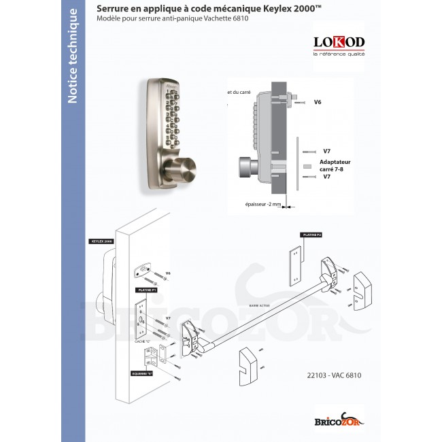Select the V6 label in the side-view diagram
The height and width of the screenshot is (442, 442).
tap(318, 102)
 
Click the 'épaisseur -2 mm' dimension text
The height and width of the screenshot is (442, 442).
tap(262, 203)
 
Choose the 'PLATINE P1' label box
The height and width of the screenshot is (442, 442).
tap(148, 290)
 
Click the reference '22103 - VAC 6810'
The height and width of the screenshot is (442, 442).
tap(335, 375)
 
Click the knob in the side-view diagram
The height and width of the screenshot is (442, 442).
tap(244, 165)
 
